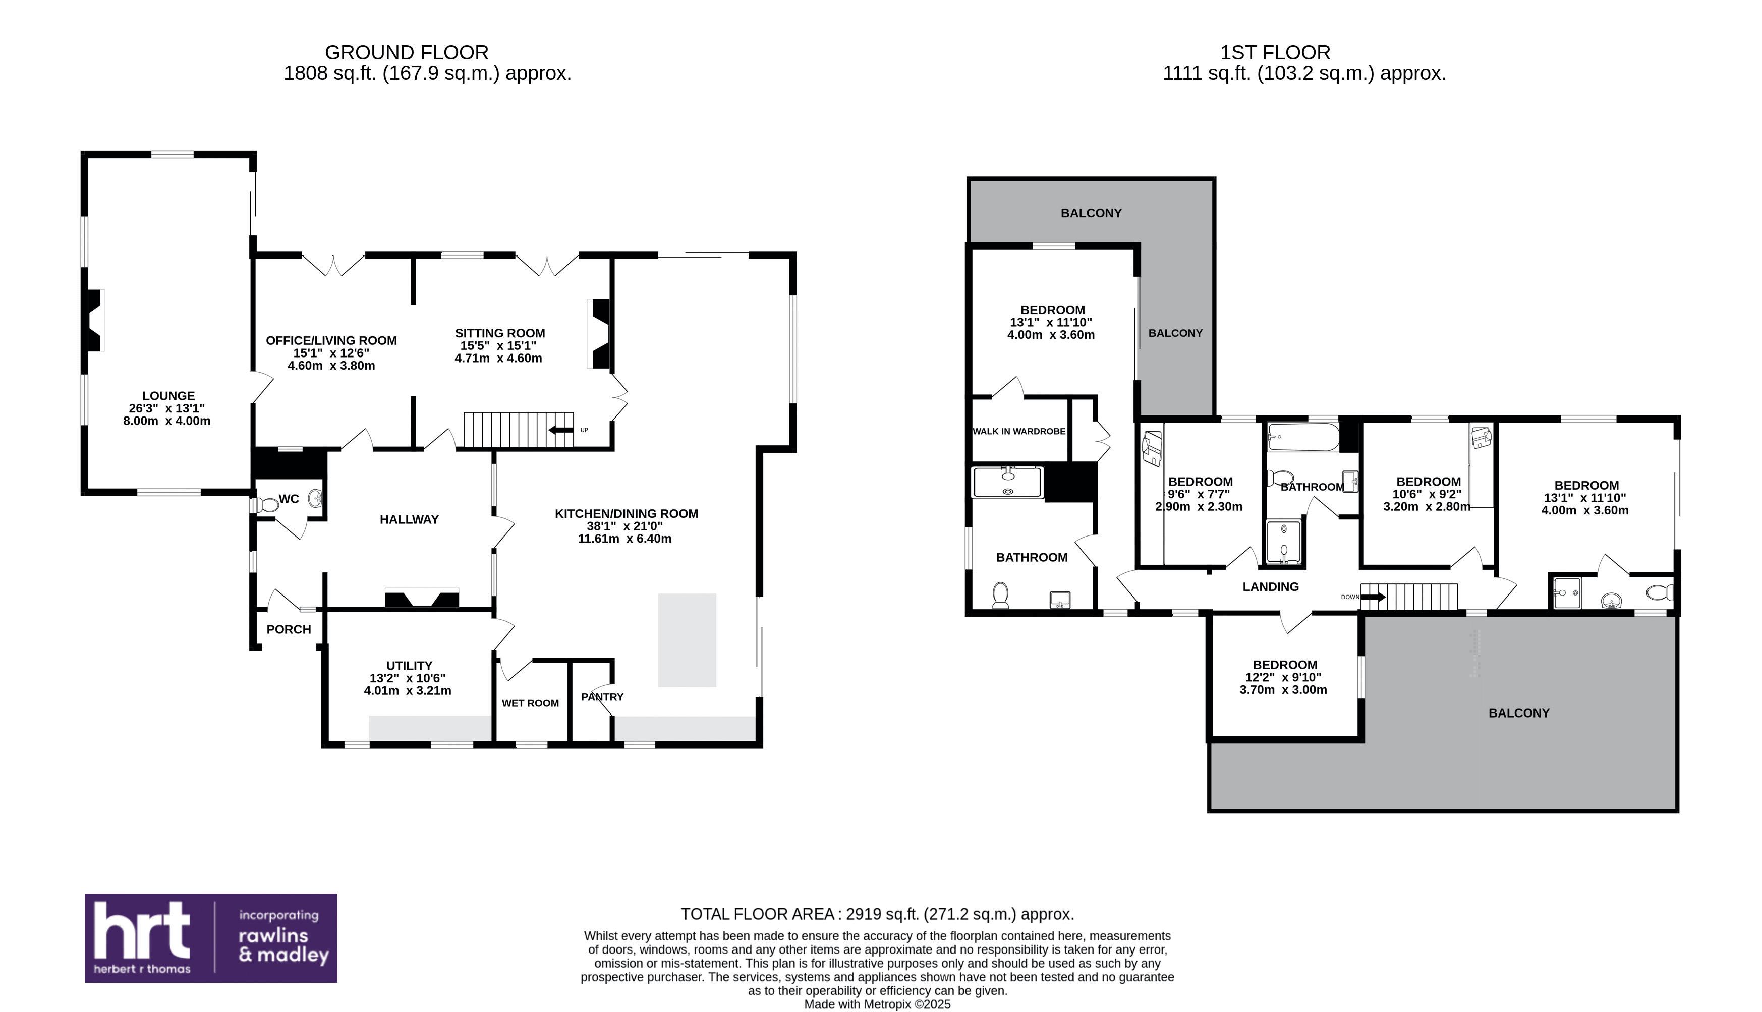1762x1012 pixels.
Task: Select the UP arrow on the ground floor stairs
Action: coord(561,430)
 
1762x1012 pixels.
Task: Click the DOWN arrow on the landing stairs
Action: coord(1373,597)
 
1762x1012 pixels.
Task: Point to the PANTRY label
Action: coord(602,696)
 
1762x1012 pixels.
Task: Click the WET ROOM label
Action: coord(531,703)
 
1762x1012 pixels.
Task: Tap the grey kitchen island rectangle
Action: coord(687,640)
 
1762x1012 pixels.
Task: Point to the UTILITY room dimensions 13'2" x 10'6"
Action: coord(408,678)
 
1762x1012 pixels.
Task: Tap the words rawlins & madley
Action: coord(283,945)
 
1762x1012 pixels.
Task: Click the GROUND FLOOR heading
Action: coord(407,53)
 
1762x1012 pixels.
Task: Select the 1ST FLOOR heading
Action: coord(1275,53)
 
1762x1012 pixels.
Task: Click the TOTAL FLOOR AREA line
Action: coord(878,914)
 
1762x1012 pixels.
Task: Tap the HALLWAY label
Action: coord(409,520)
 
